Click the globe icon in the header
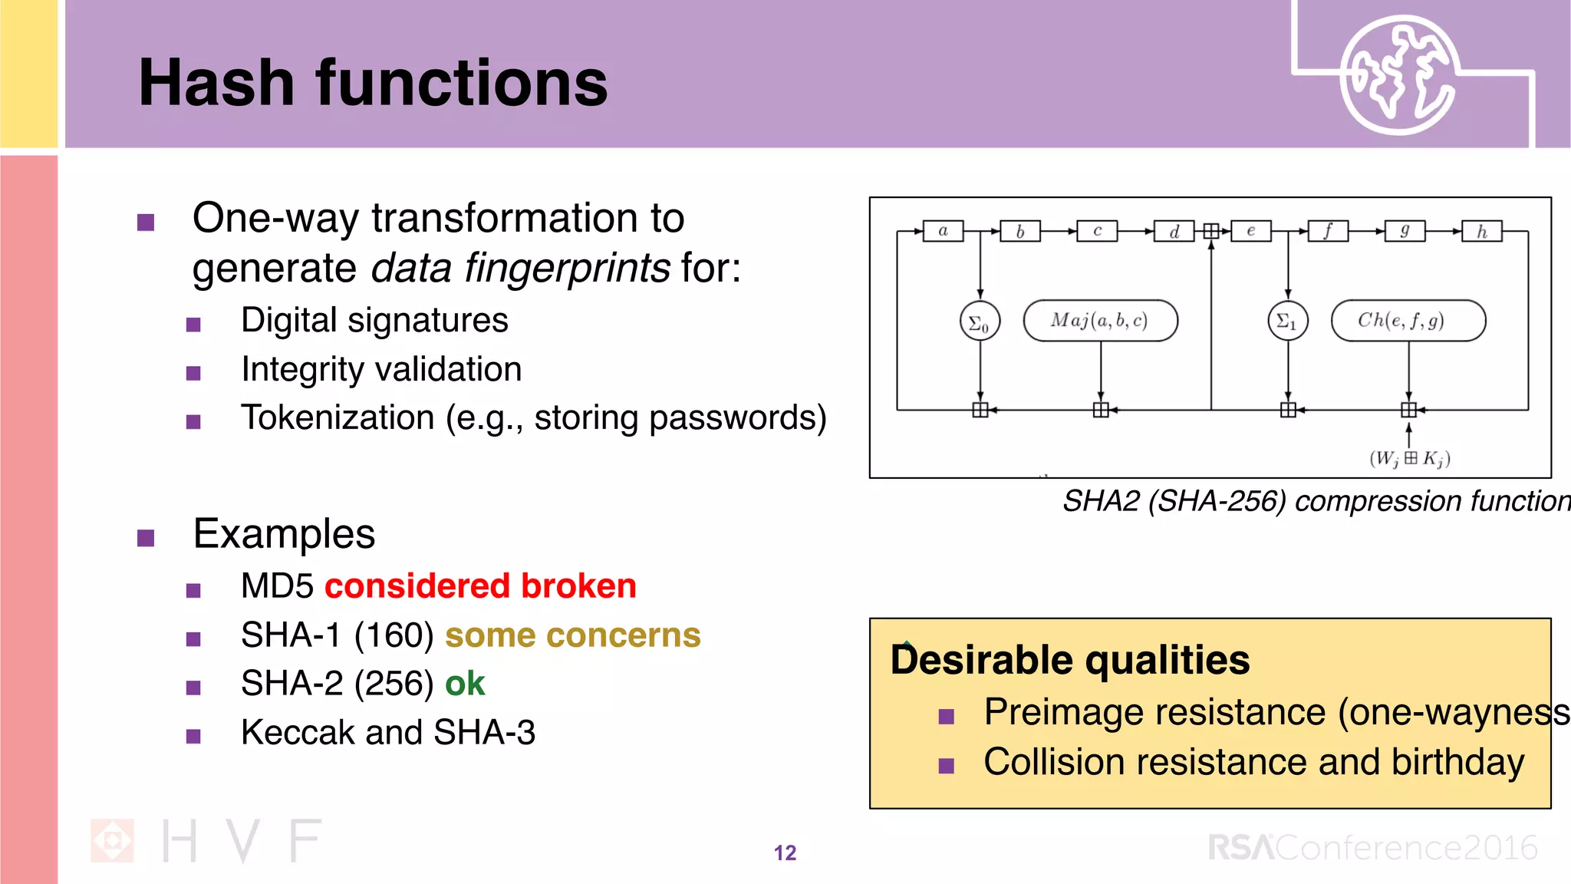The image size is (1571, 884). [1398, 74]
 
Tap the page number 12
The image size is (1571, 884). [785, 853]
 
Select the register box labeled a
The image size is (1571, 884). [943, 231]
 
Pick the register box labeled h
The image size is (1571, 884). [1481, 231]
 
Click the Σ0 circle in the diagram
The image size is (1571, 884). [980, 322]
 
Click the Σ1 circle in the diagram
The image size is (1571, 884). [1287, 321]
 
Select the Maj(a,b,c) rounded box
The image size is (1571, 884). [1100, 320]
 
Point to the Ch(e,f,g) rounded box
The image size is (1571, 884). [1408, 320]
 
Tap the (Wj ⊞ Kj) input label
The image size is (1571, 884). [1409, 459]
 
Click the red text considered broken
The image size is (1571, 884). [480, 586]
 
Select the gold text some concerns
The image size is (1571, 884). [572, 635]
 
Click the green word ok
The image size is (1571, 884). [465, 684]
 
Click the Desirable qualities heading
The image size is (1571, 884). [1070, 660]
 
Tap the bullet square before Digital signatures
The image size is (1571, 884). [193, 325]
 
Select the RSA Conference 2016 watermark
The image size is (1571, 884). [1372, 848]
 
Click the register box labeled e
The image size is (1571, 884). [1250, 231]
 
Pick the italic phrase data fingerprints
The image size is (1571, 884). [520, 268]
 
